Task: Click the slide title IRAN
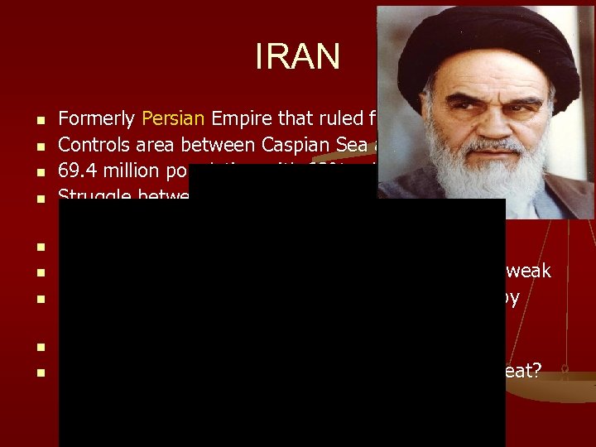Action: [x=297, y=56]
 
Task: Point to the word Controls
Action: [x=94, y=145]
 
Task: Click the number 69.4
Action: [x=75, y=171]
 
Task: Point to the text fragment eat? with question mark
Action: [x=523, y=371]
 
